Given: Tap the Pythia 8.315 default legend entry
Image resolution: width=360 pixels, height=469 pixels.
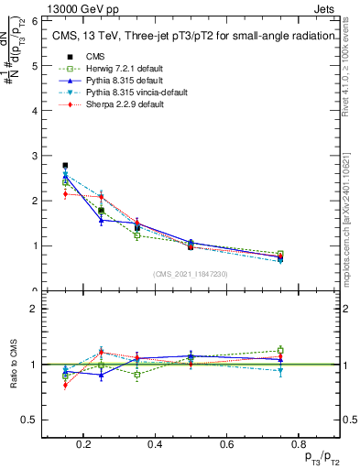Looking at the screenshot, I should [x=118, y=81].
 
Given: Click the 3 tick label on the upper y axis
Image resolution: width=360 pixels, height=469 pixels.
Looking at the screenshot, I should [x=33, y=156].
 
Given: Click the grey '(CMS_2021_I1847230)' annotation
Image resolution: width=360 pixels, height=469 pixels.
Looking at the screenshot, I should [x=190, y=274].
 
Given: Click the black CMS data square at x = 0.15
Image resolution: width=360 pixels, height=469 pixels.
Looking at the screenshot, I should [x=65, y=166].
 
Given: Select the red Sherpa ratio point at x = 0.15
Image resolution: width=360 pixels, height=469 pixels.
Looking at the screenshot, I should [x=65, y=385].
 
